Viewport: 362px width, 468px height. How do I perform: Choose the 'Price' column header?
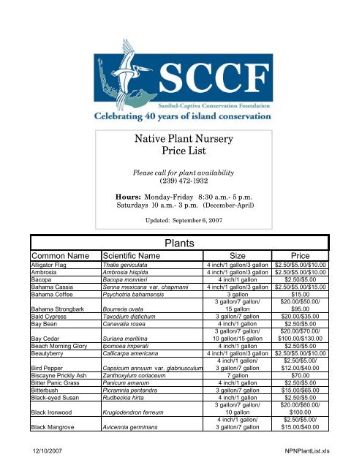tap(302, 256)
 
